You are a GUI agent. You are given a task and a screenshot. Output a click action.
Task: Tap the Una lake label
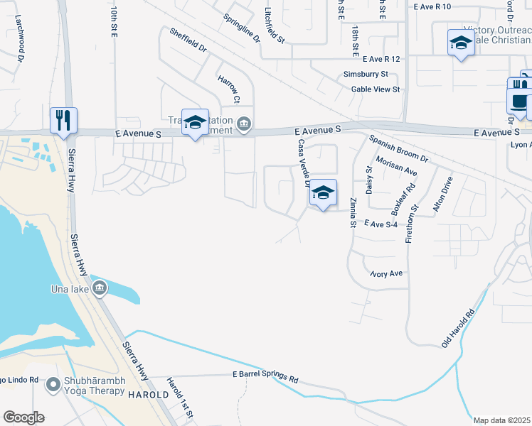[x=69, y=289]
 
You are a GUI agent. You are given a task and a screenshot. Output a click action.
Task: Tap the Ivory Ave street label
[x=386, y=273]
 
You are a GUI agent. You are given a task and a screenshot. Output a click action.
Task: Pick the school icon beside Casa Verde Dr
[x=323, y=193]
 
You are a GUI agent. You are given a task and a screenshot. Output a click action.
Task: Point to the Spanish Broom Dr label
[x=398, y=148]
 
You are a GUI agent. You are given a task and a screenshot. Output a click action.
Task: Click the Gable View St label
[x=376, y=89]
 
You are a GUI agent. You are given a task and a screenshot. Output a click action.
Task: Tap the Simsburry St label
[x=365, y=74]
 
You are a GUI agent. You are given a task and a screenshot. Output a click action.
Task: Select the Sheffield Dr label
[x=188, y=40]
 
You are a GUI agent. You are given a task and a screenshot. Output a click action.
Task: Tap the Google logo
[x=23, y=417]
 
